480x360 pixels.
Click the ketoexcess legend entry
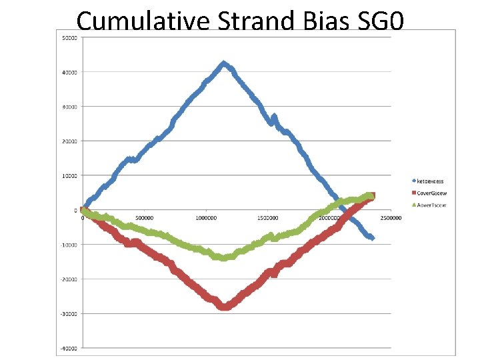430,181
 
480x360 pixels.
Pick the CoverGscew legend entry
430,193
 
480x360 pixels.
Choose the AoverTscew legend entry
430,205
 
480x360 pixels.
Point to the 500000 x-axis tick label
145,217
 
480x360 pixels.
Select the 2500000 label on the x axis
391,217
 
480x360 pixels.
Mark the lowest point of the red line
225,307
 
